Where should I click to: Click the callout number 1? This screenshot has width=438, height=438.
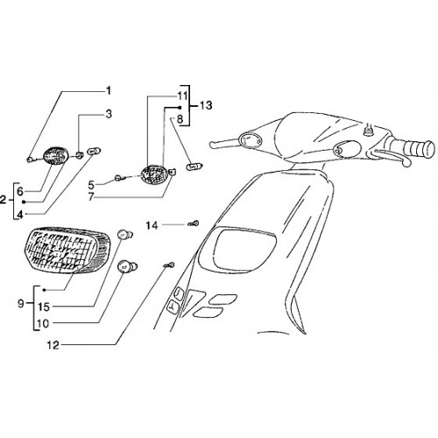(109, 91)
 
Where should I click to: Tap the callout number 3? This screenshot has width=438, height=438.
(109, 114)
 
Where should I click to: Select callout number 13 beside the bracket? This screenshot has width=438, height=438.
(206, 105)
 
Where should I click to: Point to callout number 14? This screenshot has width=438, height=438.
(152, 225)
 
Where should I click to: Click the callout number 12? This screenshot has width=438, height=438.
(53, 345)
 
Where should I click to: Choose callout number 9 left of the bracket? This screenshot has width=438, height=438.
(21, 304)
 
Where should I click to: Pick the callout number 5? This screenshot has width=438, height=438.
(92, 185)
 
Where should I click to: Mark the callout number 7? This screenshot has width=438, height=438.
(91, 197)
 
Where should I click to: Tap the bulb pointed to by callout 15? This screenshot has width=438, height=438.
(125, 235)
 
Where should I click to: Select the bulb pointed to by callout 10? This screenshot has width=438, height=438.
(127, 266)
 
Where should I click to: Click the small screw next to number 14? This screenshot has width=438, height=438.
(193, 223)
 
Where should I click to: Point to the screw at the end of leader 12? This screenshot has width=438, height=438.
(169, 265)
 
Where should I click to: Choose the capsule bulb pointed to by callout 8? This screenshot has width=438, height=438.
(194, 166)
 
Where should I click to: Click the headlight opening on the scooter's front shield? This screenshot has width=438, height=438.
(244, 251)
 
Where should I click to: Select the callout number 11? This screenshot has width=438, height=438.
(182, 96)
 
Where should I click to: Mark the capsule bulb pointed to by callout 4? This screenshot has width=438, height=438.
(94, 152)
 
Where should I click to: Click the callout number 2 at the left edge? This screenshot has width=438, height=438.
(3, 200)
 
